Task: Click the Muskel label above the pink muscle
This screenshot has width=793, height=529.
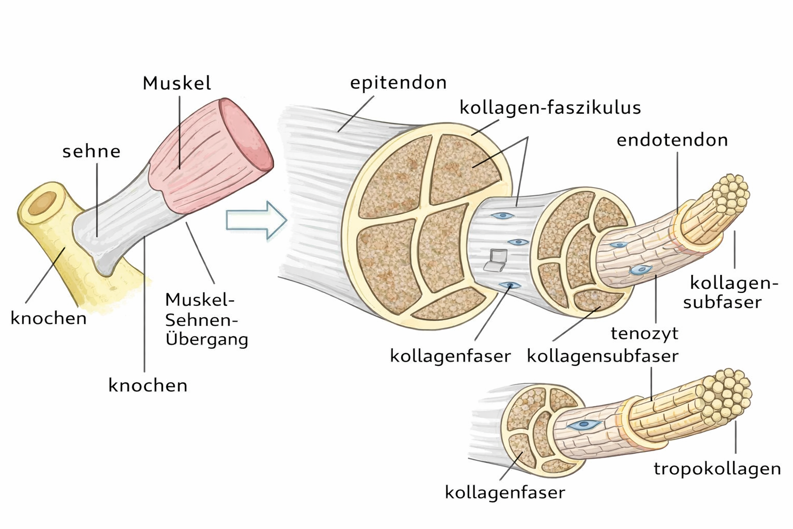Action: click(x=177, y=83)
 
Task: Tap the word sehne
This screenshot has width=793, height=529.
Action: click(x=91, y=151)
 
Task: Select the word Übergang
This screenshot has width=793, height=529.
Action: click(x=207, y=339)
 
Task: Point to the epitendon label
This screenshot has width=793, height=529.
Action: click(x=398, y=83)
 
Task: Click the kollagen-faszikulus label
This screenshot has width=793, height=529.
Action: click(x=550, y=108)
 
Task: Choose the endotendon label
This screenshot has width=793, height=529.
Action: click(x=672, y=140)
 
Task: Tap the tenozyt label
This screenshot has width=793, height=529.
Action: click(x=644, y=333)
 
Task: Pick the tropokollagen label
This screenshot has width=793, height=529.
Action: click(x=717, y=469)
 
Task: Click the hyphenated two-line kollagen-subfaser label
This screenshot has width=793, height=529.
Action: click(x=728, y=292)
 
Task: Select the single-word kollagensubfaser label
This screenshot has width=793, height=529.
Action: click(x=602, y=356)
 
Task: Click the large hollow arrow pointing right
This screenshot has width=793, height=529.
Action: click(x=256, y=220)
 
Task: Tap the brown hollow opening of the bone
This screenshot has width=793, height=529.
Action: click(x=42, y=203)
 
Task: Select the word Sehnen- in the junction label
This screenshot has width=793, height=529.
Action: click(x=201, y=320)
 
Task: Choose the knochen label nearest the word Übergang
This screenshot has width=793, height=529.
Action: click(x=148, y=385)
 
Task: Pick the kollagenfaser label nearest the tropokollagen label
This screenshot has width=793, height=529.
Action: click(x=504, y=492)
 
